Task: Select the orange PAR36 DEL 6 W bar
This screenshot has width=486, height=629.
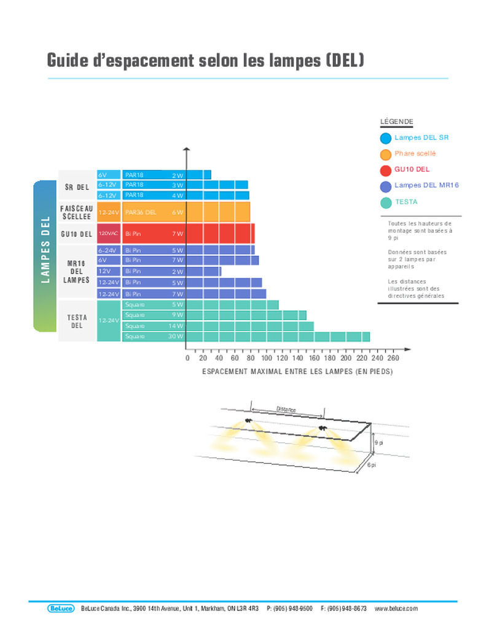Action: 218,212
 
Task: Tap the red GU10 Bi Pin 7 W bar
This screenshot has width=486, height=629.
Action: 219,233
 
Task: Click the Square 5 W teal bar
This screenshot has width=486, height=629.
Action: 232,305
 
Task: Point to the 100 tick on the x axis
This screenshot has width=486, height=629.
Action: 266,358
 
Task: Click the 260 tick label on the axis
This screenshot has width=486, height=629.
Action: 393,358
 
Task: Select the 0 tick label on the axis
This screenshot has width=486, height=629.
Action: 187,358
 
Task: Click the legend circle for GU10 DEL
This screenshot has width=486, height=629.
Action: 386,170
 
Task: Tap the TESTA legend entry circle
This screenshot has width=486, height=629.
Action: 386,202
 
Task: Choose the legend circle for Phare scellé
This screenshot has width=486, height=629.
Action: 386,154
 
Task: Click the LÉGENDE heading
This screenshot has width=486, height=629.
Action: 396,122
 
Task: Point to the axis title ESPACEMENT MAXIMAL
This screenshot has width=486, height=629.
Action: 297,372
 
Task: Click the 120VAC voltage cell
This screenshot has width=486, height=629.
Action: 109,234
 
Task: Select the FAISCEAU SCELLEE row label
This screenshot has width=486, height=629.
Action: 77,213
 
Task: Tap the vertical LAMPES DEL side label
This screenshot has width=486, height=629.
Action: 45,250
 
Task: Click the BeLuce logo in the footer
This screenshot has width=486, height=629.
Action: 60,608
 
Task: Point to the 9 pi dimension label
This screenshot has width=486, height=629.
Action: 378,443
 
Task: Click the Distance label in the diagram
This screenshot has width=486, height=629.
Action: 286,409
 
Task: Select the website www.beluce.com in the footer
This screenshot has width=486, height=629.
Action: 396,608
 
